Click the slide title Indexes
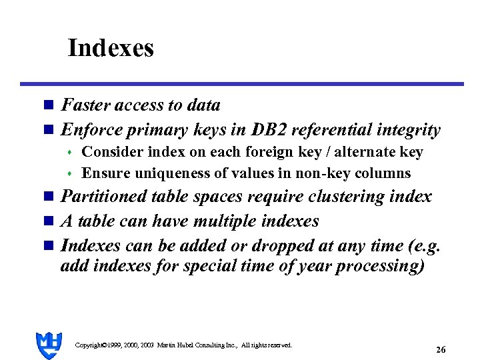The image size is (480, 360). [x=111, y=48]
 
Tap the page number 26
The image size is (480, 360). [x=441, y=349]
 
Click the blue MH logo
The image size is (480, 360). [x=49, y=345]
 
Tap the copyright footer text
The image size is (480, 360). [x=184, y=345]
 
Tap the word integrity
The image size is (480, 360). [x=408, y=129]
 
